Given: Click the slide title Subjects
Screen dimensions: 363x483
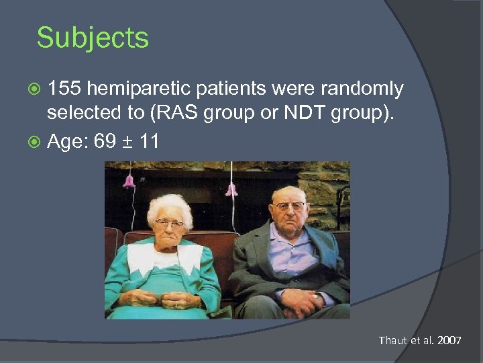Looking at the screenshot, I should coord(93,38).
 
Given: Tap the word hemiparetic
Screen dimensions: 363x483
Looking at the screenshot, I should coord(137,89).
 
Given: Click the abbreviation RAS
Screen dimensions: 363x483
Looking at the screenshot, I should coord(176,112).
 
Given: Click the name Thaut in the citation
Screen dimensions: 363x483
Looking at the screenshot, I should coord(392,341).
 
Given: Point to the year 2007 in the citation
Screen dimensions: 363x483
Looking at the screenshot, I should coord(449,341).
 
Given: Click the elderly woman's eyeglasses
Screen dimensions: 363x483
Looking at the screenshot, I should coord(168,223).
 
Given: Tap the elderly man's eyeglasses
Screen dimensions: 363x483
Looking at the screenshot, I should coord(289,206).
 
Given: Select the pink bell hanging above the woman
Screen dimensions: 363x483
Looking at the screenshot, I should coord(128,181).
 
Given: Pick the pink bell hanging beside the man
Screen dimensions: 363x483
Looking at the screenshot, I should coord(231,190).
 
